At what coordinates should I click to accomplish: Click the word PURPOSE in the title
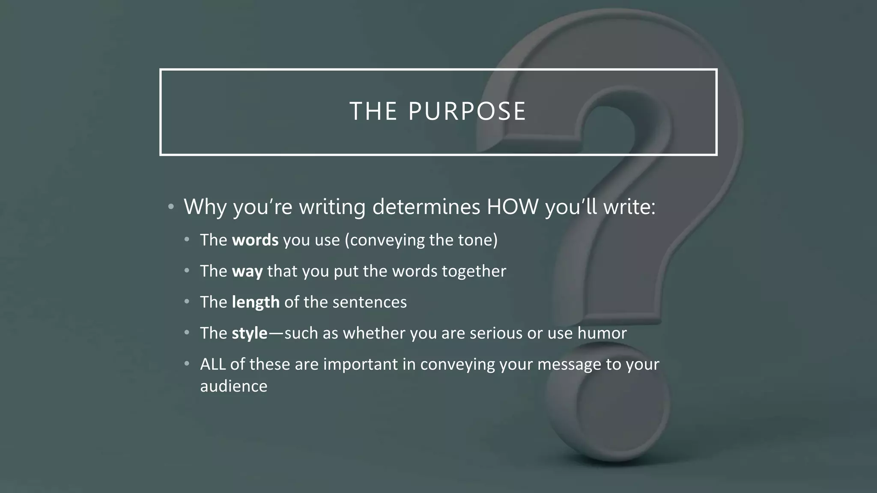467,111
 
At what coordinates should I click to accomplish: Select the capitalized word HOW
513,207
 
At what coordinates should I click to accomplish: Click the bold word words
255,240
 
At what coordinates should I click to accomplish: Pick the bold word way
247,271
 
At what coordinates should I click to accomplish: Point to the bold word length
256,303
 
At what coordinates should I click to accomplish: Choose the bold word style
250,333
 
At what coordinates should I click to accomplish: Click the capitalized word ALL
213,364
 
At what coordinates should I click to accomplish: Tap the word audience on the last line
234,386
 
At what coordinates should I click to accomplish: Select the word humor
602,333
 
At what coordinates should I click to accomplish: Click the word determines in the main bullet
426,207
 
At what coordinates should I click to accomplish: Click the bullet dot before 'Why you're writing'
171,207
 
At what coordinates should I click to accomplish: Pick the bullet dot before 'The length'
187,302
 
